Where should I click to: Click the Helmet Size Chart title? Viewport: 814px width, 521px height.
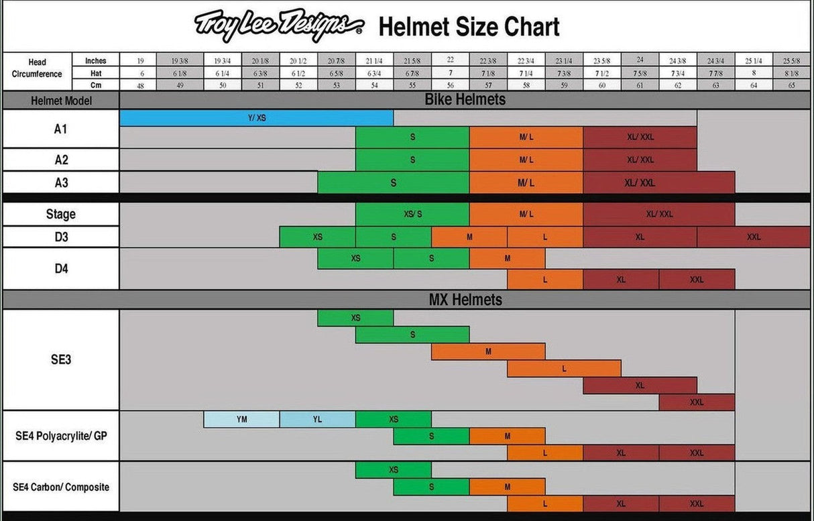click(469, 27)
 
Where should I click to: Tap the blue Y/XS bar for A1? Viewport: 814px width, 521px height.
click(256, 117)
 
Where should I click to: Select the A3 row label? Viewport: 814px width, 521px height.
click(61, 182)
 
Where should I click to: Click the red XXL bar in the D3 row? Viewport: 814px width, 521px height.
click(754, 237)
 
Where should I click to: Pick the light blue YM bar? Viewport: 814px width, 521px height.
click(241, 419)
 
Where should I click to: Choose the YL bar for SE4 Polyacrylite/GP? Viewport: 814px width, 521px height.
click(317, 419)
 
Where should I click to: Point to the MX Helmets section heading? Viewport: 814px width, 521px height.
click(465, 300)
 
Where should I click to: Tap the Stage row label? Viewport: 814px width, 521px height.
click(61, 215)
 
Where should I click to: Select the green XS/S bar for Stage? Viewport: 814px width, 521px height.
click(412, 215)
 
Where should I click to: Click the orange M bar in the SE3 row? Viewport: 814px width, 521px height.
click(488, 351)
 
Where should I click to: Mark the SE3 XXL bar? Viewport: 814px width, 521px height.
click(697, 402)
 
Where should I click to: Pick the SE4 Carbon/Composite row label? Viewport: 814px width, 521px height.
click(61, 487)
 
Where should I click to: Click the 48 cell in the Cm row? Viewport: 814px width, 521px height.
click(140, 85)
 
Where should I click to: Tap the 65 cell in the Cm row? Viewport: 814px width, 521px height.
click(791, 85)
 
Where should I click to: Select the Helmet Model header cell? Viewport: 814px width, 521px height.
click(61, 101)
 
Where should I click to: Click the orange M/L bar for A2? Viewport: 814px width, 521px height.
click(526, 160)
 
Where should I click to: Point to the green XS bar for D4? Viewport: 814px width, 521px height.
click(355, 258)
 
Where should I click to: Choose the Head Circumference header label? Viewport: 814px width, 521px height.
click(38, 68)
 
